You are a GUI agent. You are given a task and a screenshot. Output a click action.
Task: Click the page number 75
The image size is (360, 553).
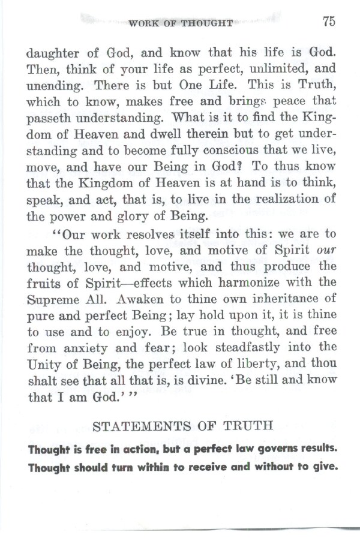(328, 21)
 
